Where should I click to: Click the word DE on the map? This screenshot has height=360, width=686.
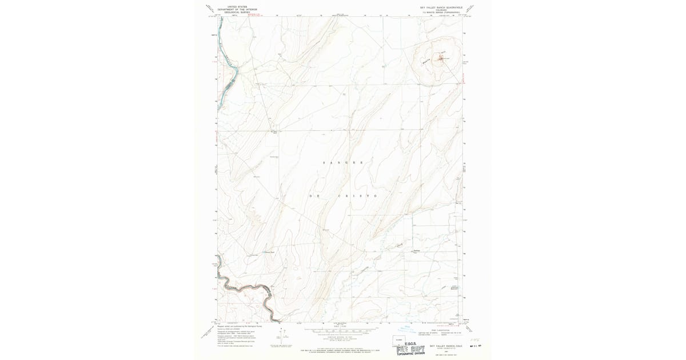[x=314, y=196]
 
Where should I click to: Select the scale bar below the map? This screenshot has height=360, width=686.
[x=344, y=331]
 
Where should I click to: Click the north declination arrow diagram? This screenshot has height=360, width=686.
[x=269, y=337]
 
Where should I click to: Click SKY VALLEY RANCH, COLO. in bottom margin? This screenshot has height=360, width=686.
[x=441, y=346]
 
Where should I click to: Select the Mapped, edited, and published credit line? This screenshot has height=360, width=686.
[x=240, y=326]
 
